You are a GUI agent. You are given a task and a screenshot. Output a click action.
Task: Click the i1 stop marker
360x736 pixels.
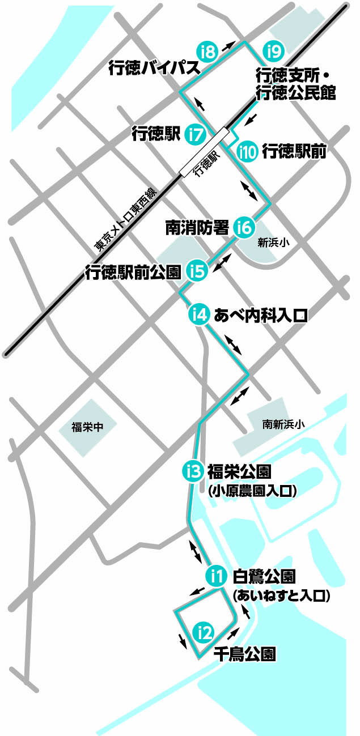pyautogui.click(x=215, y=576)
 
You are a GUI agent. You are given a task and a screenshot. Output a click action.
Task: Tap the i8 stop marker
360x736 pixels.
pyautogui.click(x=207, y=52)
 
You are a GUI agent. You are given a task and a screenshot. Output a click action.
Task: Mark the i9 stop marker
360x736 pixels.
pyautogui.click(x=273, y=52)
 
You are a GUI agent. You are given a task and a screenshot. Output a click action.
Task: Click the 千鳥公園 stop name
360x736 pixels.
pyautogui.click(x=244, y=655)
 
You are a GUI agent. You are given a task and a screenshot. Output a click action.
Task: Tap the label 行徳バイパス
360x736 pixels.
pyautogui.click(x=154, y=69)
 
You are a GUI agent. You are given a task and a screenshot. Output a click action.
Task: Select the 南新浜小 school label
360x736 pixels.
pyautogui.click(x=283, y=423)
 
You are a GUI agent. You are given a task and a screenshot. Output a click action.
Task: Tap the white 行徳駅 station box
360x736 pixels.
pyautogui.click(x=206, y=153)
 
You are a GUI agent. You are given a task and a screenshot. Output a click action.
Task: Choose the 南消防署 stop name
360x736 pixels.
pyautogui.click(x=197, y=228)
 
